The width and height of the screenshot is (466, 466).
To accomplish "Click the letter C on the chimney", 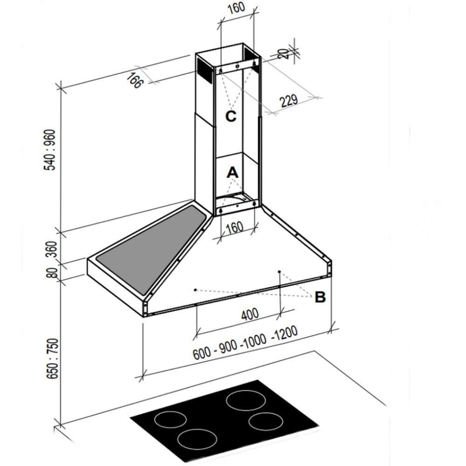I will [231, 116].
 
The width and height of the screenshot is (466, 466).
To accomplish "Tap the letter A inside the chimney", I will [232, 172].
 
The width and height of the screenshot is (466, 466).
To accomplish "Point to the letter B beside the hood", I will [320, 297].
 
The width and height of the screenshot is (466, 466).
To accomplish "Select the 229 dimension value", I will [289, 101].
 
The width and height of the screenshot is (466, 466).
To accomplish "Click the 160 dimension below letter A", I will [234, 227].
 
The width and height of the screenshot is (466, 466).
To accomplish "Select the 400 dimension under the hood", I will [250, 315].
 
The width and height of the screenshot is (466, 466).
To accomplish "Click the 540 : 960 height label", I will [51, 149].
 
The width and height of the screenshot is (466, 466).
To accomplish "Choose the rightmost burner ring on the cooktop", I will [266, 422].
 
